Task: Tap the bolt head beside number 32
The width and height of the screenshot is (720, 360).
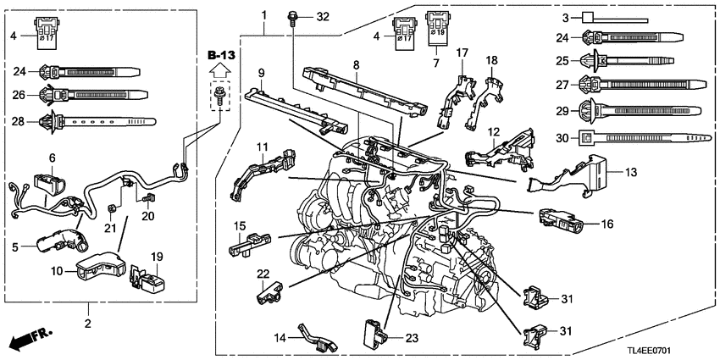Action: [293, 16]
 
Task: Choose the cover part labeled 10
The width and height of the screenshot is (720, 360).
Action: [97, 268]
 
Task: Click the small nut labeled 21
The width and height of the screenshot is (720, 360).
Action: [110, 230]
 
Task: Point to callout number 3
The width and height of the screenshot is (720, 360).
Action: [563, 16]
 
